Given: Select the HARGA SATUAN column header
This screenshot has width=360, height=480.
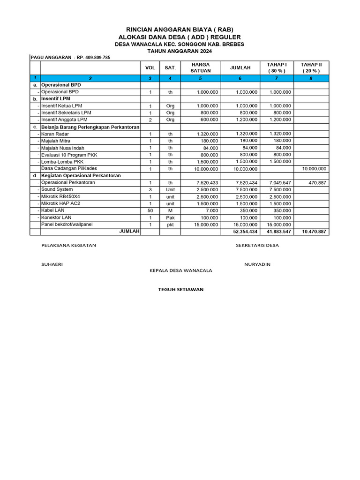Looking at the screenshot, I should [x=200, y=67].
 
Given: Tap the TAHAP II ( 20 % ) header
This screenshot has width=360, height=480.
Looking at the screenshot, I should [x=311, y=67].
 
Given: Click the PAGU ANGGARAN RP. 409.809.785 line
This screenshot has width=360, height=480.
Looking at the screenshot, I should [x=70, y=57].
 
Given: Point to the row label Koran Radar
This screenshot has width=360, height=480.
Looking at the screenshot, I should [x=55, y=134].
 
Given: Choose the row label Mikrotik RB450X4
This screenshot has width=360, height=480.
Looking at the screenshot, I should [x=60, y=196].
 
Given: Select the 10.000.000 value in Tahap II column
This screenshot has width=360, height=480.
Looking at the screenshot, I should [x=314, y=169].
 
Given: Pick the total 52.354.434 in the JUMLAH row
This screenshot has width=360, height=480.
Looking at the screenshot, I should [x=245, y=232].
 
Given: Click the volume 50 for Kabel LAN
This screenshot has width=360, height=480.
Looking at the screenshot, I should [x=150, y=211].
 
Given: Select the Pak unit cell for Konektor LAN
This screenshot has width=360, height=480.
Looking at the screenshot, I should [x=170, y=218].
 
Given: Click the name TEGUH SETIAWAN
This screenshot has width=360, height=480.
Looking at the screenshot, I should [x=180, y=289].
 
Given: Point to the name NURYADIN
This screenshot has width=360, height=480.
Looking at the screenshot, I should [x=257, y=264].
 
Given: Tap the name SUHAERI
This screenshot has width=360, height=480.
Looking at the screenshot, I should [x=52, y=264].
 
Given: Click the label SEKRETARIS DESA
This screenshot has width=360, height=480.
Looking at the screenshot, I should [x=257, y=245].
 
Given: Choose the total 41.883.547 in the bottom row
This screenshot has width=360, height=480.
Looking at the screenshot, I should [x=279, y=232].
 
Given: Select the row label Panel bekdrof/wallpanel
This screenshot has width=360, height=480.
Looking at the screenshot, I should [x=67, y=225].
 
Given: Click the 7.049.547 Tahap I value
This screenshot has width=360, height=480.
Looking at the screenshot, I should [x=280, y=183].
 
